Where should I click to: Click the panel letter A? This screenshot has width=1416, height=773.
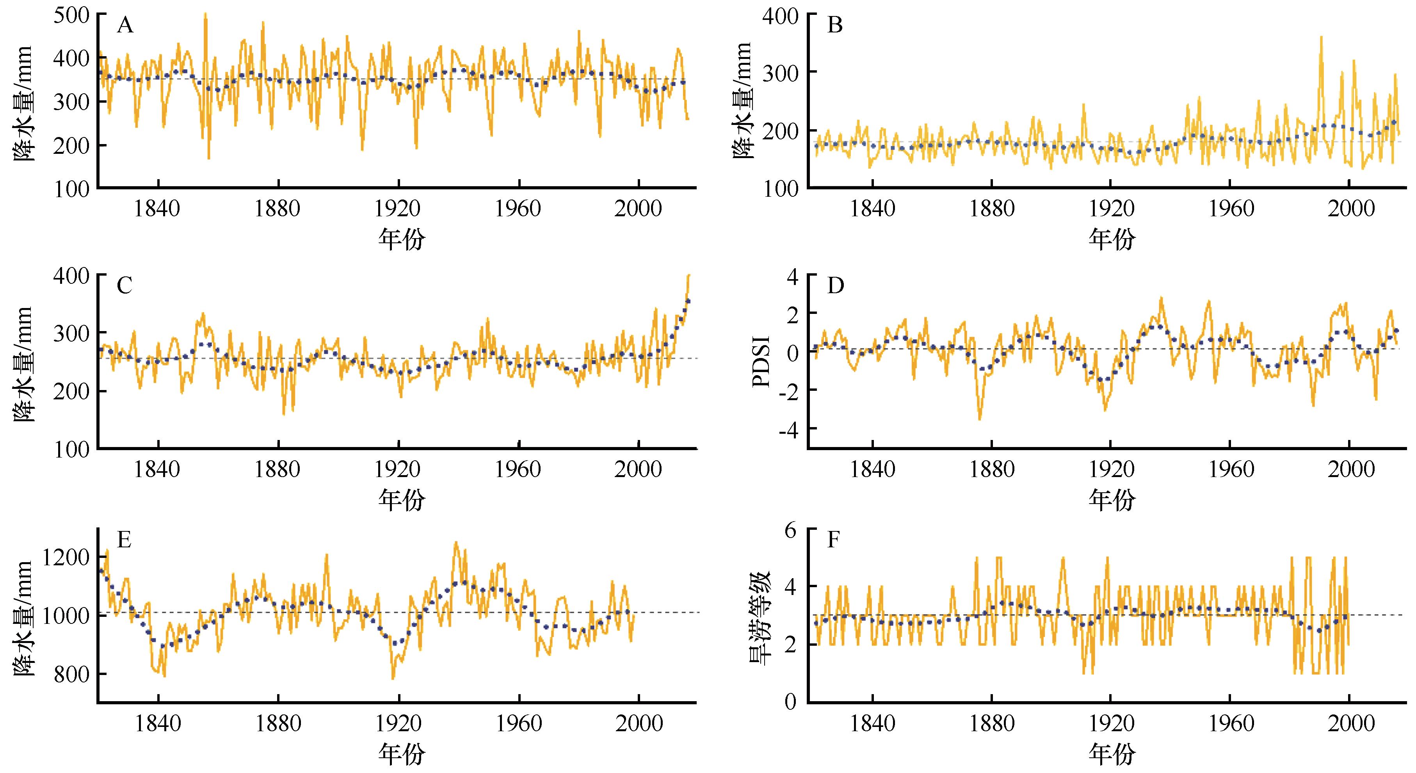[125, 25]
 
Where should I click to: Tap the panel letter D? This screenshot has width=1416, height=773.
[836, 286]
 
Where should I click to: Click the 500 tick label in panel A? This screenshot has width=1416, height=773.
[71, 15]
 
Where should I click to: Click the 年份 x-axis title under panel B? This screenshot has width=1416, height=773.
[1112, 240]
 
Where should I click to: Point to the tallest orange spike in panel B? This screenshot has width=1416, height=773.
[1321, 37]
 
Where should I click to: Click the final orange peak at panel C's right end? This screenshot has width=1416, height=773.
[689, 275]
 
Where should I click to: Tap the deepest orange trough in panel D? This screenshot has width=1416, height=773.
[980, 419]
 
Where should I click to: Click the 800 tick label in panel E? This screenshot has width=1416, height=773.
[71, 675]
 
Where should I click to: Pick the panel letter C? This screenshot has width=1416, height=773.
[125, 286]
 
